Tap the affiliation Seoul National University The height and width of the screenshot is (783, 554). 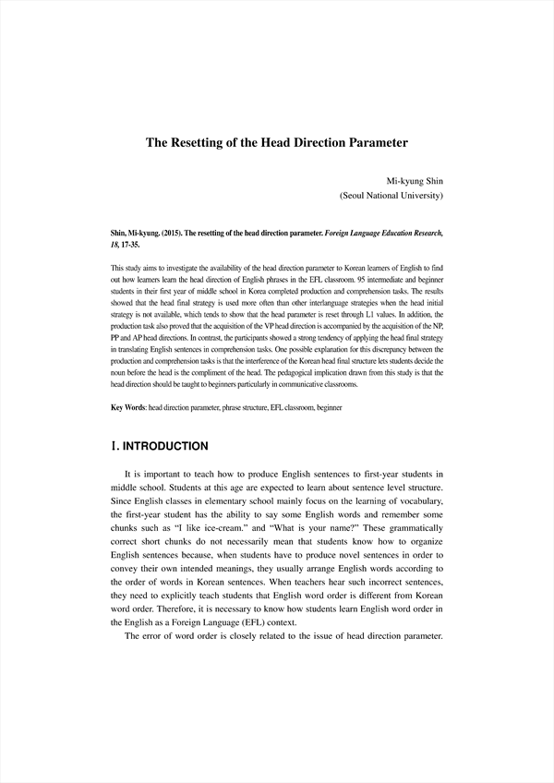tap(392, 196)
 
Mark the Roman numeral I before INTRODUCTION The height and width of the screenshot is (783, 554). tap(114, 446)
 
